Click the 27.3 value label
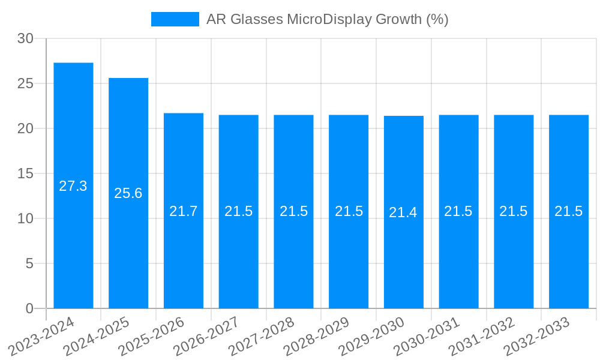73,186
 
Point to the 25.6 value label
128,193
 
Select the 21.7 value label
184,211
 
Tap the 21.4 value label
403,212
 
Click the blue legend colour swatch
175,19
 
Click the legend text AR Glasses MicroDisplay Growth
327,19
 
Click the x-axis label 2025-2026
152,336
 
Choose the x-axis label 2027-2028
263,336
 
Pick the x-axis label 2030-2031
428,336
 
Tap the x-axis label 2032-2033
538,336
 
